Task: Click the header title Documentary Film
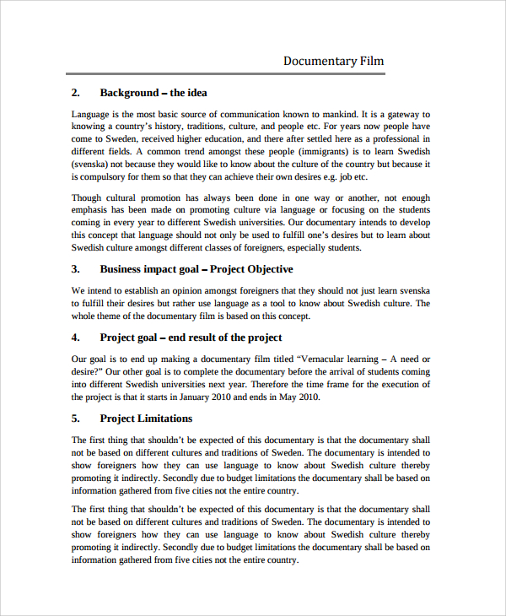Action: [333, 61]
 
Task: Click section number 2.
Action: [75, 93]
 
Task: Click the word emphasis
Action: [93, 210]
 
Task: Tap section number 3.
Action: [75, 269]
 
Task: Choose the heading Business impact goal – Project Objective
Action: [196, 269]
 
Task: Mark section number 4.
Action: [75, 338]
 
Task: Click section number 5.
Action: [75, 419]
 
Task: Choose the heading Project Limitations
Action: [146, 419]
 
